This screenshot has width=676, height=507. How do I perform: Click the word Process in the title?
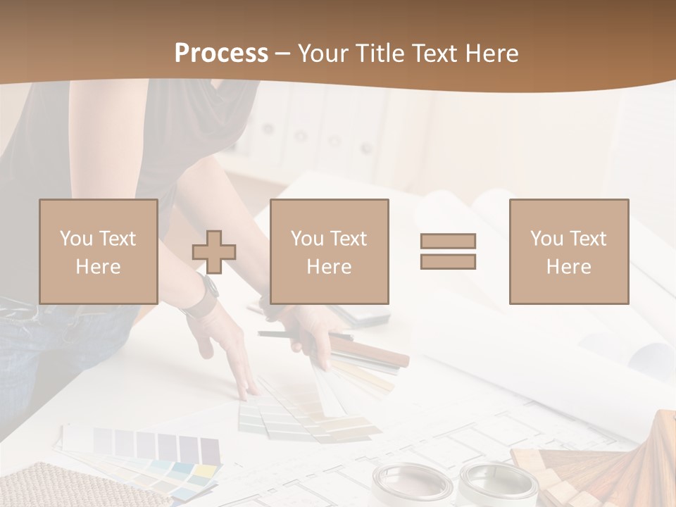(x=221, y=54)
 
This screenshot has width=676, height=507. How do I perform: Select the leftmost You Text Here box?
(x=99, y=252)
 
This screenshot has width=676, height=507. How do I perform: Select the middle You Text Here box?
(x=330, y=252)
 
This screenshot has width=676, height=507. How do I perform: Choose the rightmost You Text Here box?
(x=569, y=252)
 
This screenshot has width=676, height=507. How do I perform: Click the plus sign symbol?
(x=214, y=253)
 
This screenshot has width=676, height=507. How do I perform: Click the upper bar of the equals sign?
(x=448, y=241)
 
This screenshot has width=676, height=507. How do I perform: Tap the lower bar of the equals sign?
(x=448, y=261)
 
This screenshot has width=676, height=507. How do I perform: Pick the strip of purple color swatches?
(x=158, y=446)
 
